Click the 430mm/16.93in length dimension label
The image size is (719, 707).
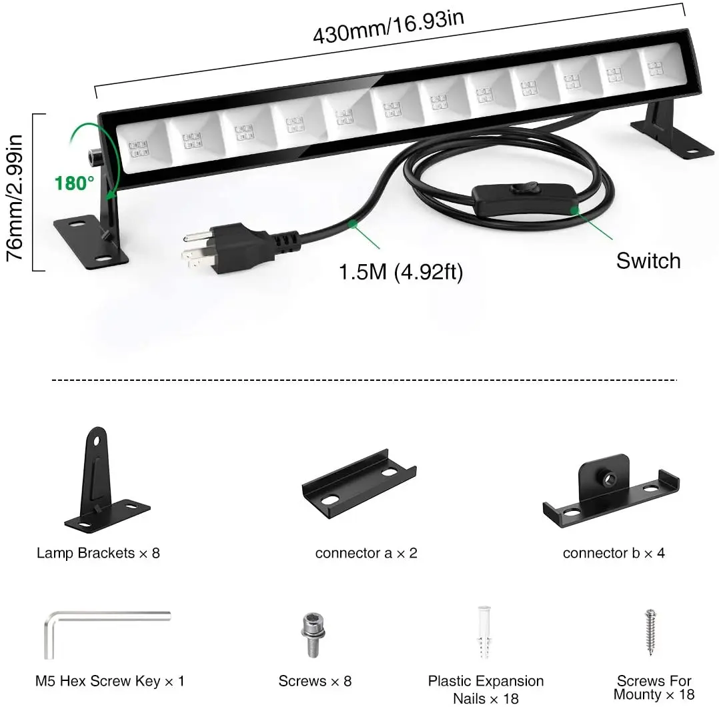[389, 25]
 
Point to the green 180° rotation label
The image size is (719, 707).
[75, 183]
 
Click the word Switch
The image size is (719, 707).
[648, 260]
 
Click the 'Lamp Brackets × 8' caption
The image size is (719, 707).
[98, 553]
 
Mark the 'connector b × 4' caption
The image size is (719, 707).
[614, 553]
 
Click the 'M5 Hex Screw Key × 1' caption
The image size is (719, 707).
[109, 681]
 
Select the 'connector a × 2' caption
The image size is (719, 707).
[366, 553]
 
